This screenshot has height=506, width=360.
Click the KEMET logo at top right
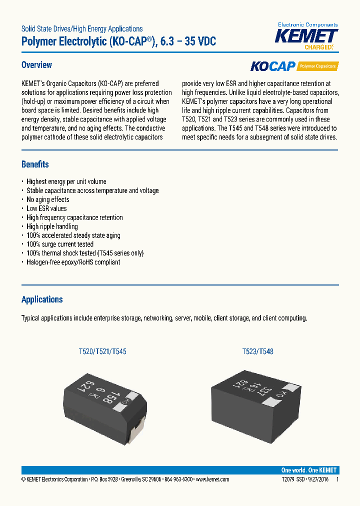(x=307, y=37)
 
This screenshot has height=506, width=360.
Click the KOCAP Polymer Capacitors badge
(x=293, y=66)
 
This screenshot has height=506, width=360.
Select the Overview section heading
(x=36, y=65)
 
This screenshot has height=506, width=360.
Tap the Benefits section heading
(x=35, y=164)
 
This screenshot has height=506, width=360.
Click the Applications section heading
(x=42, y=299)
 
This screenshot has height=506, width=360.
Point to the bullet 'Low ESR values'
(x=46, y=208)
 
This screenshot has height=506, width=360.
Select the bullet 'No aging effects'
(x=48, y=199)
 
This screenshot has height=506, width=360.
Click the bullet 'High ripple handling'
(x=52, y=226)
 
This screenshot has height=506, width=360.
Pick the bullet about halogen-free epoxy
(x=73, y=262)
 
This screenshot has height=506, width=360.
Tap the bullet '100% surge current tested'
(x=60, y=244)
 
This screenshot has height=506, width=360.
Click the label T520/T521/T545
(x=102, y=352)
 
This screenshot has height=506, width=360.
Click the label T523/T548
(x=257, y=352)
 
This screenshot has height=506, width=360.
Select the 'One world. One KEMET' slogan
(x=308, y=470)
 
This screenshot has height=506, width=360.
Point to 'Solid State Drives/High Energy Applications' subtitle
(x=82, y=29)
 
